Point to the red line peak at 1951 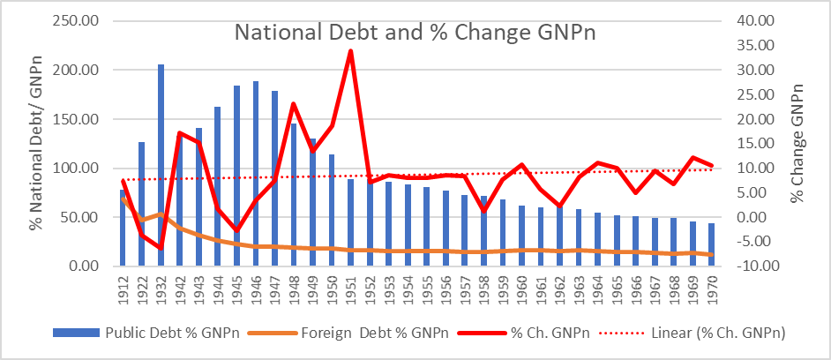[x=351, y=51]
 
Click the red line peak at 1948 [x=294, y=104]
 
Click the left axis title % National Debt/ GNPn [x=35, y=144]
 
